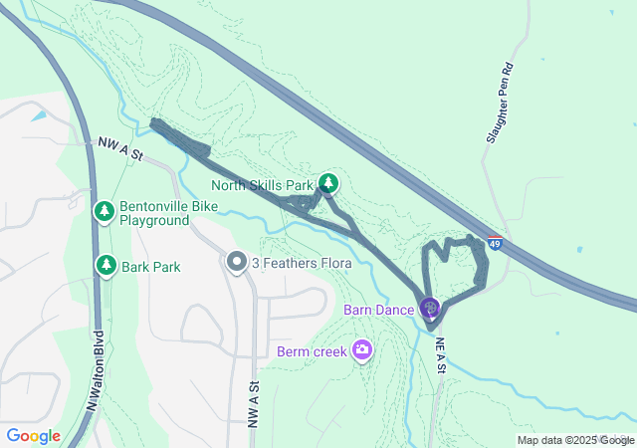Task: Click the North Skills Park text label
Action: (x=262, y=184)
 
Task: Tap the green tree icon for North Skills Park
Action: (x=328, y=183)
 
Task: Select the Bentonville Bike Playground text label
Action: (x=154, y=213)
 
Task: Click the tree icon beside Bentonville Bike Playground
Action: (x=105, y=211)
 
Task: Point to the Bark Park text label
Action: (x=150, y=267)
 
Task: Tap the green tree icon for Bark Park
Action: (x=106, y=265)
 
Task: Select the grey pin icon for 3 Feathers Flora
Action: (x=236, y=262)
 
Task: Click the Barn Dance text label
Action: (x=378, y=310)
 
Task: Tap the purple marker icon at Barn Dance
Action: (x=429, y=308)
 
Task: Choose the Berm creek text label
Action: (x=312, y=350)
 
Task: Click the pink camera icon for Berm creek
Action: (x=362, y=349)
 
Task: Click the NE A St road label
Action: (x=441, y=355)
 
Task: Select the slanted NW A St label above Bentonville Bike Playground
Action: (x=121, y=149)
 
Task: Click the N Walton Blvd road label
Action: (x=96, y=370)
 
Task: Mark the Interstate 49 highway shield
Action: (x=495, y=242)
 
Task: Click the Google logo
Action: (x=33, y=436)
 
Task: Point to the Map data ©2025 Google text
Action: (x=574, y=440)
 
